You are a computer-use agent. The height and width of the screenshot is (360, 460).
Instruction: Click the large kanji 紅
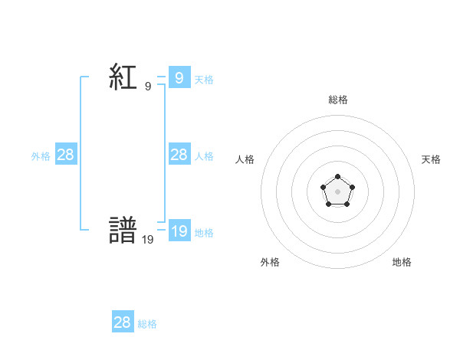pyautogui.click(x=123, y=78)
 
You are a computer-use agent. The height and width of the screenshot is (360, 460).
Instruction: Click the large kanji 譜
pyautogui.click(x=123, y=231)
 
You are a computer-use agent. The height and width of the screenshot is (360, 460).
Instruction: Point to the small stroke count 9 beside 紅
pyautogui.click(x=148, y=87)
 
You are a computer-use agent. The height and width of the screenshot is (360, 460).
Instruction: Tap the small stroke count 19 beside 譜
pyautogui.click(x=148, y=240)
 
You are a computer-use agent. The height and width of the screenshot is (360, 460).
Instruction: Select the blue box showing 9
pyautogui.click(x=179, y=78)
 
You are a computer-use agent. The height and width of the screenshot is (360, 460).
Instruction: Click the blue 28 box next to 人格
pyautogui.click(x=179, y=155)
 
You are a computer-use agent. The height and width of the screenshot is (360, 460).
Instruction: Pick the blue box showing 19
pyautogui.click(x=179, y=231)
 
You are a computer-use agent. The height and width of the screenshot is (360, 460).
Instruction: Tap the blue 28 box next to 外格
pyautogui.click(x=66, y=155)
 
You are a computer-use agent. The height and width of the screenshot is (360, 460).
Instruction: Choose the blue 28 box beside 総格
pyautogui.click(x=123, y=322)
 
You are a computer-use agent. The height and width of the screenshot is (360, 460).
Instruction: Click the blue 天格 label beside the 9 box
pyautogui.click(x=204, y=79)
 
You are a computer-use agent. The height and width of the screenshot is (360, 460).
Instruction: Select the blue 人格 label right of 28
pyautogui.click(x=204, y=155)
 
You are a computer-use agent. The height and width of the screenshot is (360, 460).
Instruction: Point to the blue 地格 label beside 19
pyautogui.click(x=204, y=232)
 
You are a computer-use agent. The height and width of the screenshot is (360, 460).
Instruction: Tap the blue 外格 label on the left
pyautogui.click(x=41, y=155)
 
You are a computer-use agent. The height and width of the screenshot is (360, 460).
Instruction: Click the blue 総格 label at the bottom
pyautogui.click(x=147, y=323)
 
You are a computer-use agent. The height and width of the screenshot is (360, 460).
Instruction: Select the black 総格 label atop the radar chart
pyautogui.click(x=337, y=100)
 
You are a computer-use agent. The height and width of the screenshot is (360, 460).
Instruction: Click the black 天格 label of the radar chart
pyautogui.click(x=431, y=159)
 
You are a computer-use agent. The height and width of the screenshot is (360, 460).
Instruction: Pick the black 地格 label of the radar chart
pyautogui.click(x=402, y=262)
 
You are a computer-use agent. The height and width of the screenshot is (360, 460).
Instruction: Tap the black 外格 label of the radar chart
pyautogui.click(x=270, y=262)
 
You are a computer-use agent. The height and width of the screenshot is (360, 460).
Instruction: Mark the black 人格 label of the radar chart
pyautogui.click(x=245, y=159)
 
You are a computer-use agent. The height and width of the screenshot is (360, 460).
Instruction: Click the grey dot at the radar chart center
pyautogui.click(x=337, y=191)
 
